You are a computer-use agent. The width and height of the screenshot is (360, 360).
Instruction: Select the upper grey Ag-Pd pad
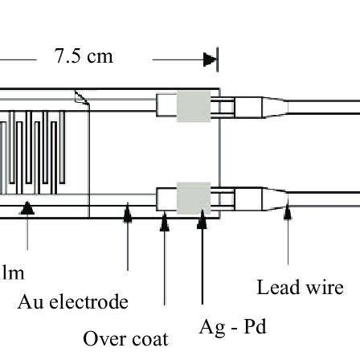point(193,105)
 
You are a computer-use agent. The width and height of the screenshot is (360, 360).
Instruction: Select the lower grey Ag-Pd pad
point(193,195)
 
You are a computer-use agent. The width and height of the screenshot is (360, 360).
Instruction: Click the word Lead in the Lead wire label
point(276,287)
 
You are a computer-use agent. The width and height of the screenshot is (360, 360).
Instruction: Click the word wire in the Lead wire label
point(323,287)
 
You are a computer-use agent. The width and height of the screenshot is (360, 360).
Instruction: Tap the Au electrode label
point(72,302)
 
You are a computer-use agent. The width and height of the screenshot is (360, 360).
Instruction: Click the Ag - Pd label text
point(232,327)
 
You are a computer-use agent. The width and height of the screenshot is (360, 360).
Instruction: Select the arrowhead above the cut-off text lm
point(28,207)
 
